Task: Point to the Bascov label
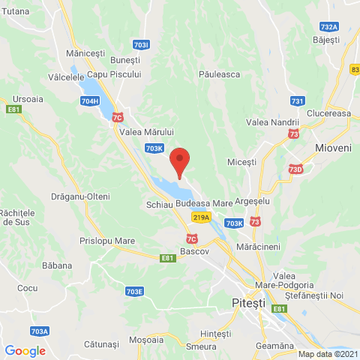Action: (194, 251)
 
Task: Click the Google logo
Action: (25, 350)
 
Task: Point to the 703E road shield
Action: (134, 291)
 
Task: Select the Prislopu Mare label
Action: (106, 241)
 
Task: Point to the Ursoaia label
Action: (28, 98)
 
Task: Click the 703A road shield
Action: (40, 331)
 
